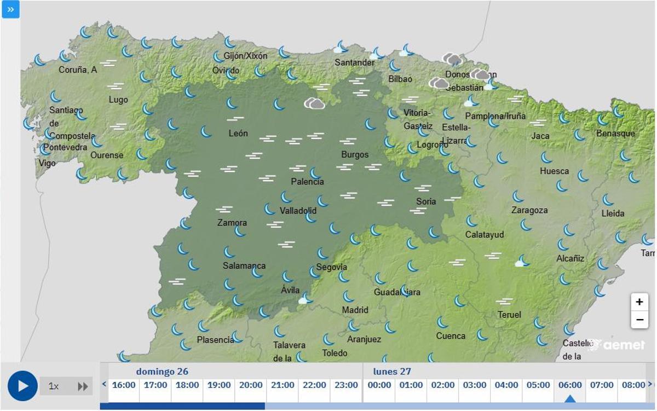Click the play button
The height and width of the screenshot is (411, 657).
point(22,386)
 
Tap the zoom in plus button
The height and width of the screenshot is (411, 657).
point(639,302)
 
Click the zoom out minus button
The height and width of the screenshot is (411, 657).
point(639,320)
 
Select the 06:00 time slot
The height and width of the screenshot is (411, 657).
point(570,385)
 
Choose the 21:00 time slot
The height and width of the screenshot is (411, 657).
point(283,385)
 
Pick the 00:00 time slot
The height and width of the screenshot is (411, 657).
point(379,385)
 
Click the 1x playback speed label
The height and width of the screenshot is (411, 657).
point(54,386)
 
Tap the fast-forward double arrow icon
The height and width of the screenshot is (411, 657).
point(83,386)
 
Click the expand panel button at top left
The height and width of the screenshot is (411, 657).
point(10,9)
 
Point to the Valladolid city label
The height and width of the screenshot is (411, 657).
point(298,211)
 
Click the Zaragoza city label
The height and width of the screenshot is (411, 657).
point(529,210)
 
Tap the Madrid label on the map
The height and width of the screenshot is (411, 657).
point(355,310)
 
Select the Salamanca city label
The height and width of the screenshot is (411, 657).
point(244,266)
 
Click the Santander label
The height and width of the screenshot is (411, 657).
point(355,62)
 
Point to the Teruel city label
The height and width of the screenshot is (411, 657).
point(509,315)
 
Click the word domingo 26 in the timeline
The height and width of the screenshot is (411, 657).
point(162,372)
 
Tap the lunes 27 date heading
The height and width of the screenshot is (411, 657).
point(392,372)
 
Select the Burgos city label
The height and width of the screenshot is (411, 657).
point(355,154)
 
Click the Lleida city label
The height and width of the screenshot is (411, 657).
point(613,213)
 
